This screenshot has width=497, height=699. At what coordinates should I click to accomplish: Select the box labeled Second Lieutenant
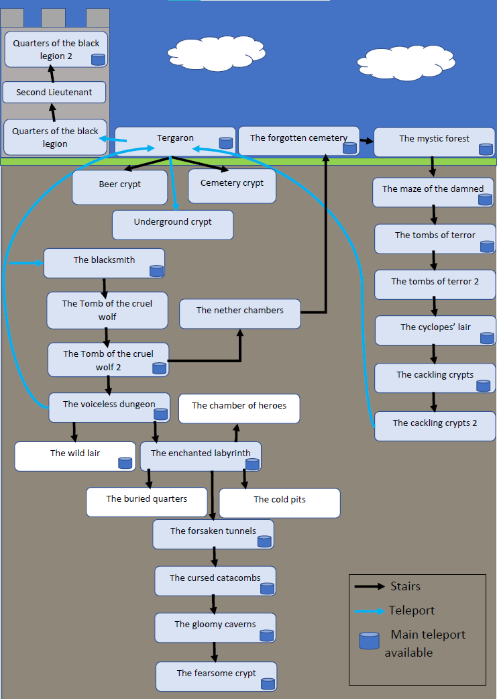click(x=54, y=93)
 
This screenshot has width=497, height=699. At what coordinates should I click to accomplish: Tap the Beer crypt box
click(x=119, y=186)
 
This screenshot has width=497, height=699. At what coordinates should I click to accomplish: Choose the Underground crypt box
click(x=172, y=225)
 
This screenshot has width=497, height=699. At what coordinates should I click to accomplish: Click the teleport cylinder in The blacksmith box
click(x=156, y=271)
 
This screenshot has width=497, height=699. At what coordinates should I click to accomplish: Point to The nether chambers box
click(x=239, y=313)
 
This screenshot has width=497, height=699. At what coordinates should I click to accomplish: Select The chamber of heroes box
click(x=239, y=409)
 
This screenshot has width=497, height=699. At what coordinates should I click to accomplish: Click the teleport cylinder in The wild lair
click(x=125, y=462)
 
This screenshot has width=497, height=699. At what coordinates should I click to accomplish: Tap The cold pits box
click(x=280, y=502)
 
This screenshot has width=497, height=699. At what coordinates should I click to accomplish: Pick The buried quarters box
click(x=146, y=502)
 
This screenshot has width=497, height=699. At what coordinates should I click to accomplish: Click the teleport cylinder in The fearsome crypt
click(x=268, y=684)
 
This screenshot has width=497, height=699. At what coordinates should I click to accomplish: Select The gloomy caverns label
click(x=215, y=624)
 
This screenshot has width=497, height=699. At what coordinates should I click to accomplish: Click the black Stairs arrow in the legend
click(x=370, y=586)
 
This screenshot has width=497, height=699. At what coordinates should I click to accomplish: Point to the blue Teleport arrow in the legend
click(x=370, y=611)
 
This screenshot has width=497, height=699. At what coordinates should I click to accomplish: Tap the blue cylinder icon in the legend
click(x=369, y=641)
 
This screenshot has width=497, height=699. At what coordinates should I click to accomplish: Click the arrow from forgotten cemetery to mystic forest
click(x=366, y=141)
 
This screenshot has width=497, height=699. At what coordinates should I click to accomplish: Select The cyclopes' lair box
click(x=435, y=330)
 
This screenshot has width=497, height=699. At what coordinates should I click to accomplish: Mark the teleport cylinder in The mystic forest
click(x=486, y=149)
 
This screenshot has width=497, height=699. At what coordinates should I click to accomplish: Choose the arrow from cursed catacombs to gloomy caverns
click(x=214, y=604)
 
